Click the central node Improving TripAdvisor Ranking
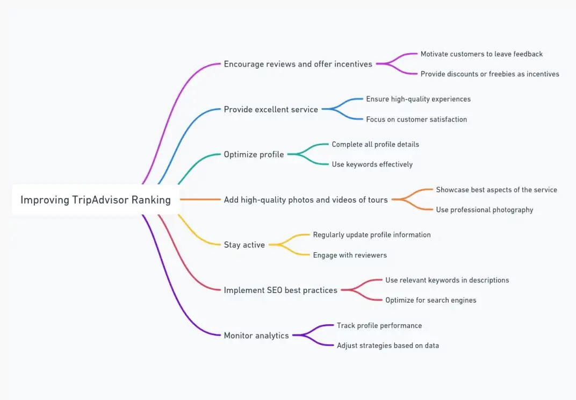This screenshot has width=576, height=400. (96, 199)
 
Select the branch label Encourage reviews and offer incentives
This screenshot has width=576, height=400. (298, 64)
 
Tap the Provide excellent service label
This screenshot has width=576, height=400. (271, 109)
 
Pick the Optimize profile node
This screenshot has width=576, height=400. (254, 154)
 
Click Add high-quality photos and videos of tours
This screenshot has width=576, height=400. (306, 199)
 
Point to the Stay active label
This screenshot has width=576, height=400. (244, 245)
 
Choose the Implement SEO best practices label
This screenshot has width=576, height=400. (280, 290)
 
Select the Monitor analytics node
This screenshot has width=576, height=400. (256, 335)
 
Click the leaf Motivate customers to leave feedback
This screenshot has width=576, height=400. (481, 54)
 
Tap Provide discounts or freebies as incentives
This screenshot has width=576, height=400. (489, 74)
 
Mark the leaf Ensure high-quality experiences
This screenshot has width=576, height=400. (418, 99)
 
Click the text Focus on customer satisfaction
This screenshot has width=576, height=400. (416, 119)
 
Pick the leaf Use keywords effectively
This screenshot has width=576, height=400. (372, 165)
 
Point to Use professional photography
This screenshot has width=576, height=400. (484, 210)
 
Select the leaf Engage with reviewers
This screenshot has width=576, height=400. (350, 255)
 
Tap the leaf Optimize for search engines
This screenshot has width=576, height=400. (430, 300)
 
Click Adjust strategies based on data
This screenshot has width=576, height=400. (387, 345)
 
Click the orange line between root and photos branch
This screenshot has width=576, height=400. (200, 199)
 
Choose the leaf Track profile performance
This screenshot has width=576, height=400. (379, 325)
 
